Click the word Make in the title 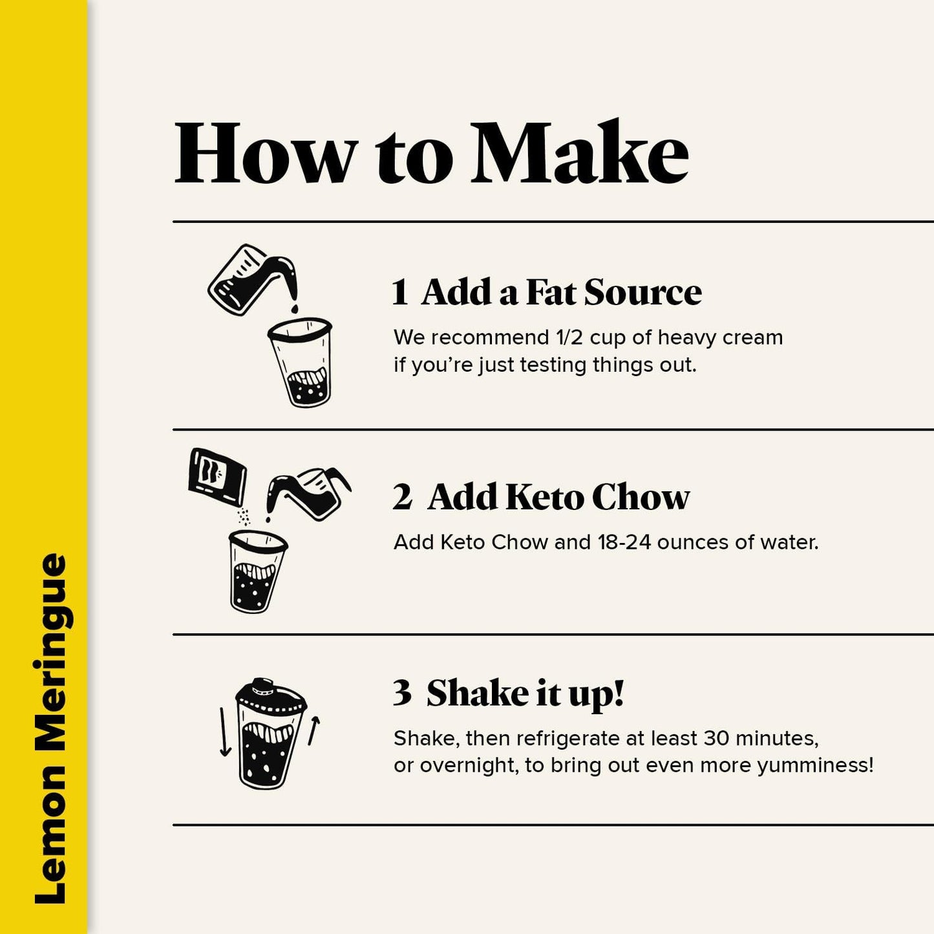(x=580, y=151)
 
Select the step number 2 (x=402, y=497)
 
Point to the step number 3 (x=402, y=693)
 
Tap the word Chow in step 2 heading (x=641, y=497)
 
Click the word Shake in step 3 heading (x=478, y=693)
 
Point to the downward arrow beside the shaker (x=224, y=732)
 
